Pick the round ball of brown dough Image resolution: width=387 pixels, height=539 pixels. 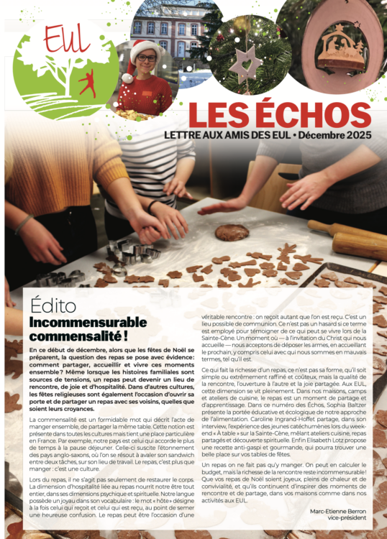232,232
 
